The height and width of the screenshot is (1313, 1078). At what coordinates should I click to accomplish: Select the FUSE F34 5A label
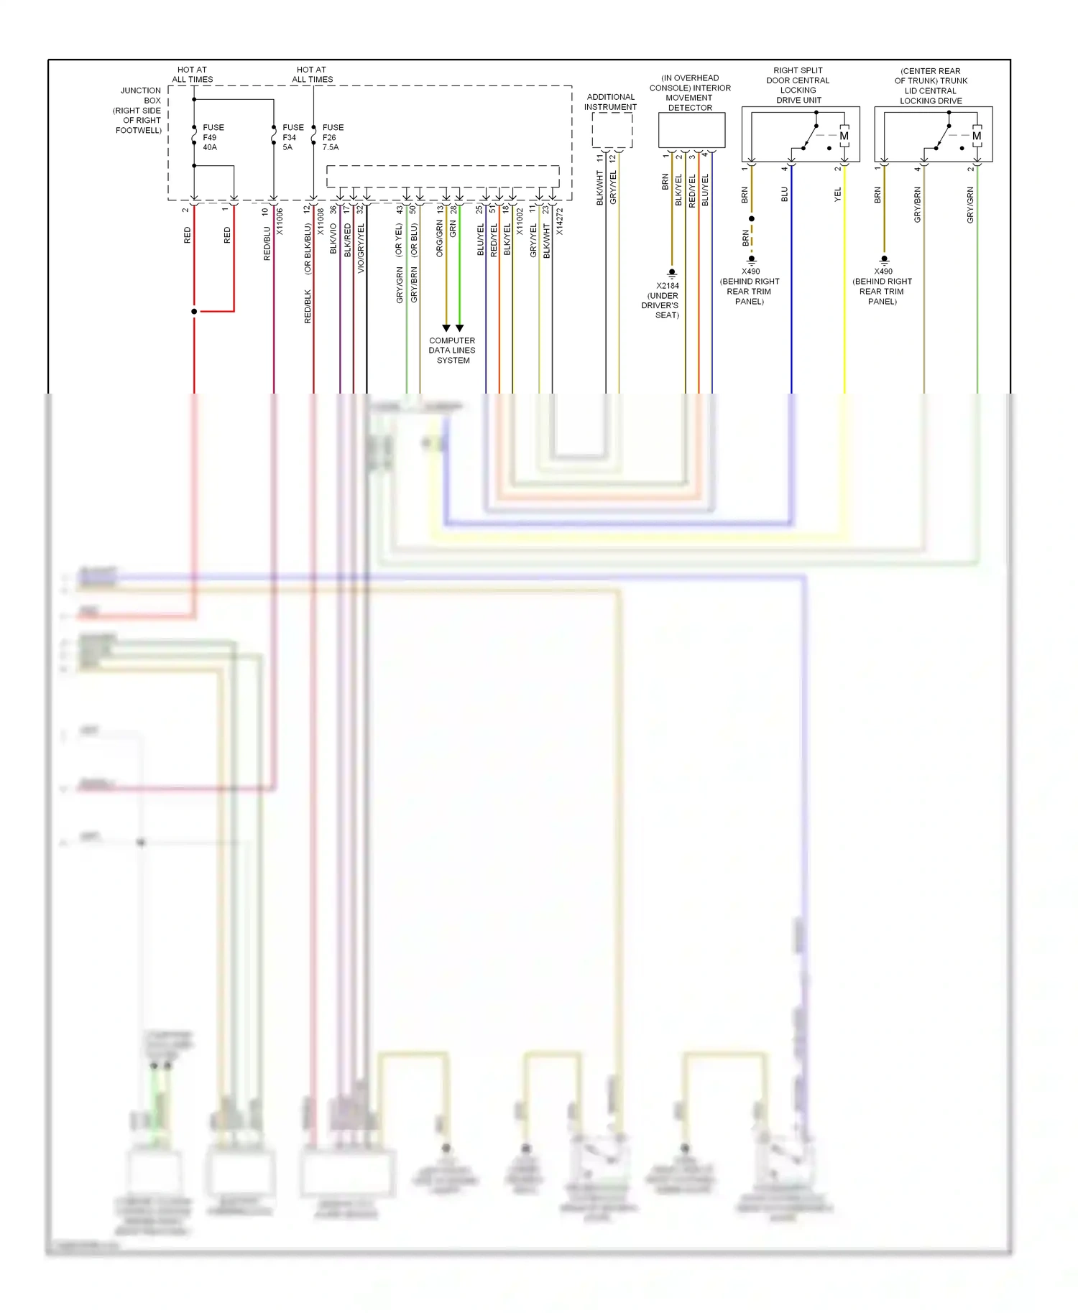point(292,137)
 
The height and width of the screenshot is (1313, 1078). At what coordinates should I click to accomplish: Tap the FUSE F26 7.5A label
point(332,137)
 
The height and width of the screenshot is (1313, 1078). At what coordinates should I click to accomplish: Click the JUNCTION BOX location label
point(139,111)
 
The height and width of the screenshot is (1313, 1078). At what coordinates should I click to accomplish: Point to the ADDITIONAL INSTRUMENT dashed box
point(612,131)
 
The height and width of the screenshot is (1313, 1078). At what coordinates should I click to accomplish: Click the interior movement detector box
point(691,130)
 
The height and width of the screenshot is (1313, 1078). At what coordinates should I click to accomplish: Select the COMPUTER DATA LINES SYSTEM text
point(452,351)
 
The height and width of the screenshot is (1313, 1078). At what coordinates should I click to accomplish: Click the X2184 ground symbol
point(672,273)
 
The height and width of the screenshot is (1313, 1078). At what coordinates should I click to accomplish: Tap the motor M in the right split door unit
point(844,136)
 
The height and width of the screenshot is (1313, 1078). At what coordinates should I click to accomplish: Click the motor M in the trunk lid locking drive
point(977,136)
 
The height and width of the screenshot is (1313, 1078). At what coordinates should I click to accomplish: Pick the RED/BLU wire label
point(267,243)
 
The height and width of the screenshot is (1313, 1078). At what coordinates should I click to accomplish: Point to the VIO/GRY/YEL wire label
point(361,248)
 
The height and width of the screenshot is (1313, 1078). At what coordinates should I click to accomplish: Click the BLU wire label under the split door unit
point(785,194)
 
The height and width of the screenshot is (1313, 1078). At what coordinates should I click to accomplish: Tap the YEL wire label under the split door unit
point(838,194)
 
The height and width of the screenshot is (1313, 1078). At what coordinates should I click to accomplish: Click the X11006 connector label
point(280,221)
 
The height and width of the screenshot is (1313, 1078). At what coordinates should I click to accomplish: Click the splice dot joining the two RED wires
point(194,311)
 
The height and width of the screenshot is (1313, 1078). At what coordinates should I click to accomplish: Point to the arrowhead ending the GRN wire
point(459,328)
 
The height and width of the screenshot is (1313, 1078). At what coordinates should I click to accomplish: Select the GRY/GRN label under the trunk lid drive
point(970,205)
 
